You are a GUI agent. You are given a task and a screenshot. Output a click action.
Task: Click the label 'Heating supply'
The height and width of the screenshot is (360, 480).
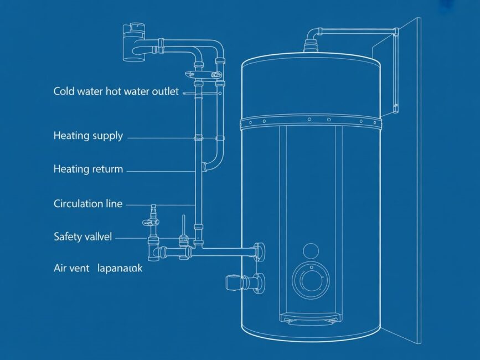(x=88, y=136)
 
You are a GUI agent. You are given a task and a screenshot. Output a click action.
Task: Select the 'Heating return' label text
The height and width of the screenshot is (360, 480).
(x=88, y=169)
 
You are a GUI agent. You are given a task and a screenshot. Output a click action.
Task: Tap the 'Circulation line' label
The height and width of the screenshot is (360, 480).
(x=88, y=203)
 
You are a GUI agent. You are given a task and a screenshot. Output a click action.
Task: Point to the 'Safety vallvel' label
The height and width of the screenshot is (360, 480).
(x=82, y=236)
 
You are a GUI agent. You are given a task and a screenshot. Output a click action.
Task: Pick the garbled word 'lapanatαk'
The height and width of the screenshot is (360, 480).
(x=120, y=269)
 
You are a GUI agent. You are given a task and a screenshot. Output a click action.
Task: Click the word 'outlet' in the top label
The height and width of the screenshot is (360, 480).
(x=165, y=91)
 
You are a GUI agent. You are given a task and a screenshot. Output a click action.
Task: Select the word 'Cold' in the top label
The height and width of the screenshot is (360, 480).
(x=64, y=91)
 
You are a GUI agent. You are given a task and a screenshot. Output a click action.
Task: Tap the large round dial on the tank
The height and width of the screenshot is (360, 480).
(x=311, y=280)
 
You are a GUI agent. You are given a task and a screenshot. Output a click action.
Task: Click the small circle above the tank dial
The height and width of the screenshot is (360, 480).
(x=310, y=250)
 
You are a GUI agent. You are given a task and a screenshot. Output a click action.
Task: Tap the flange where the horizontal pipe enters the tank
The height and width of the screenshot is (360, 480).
(x=259, y=251)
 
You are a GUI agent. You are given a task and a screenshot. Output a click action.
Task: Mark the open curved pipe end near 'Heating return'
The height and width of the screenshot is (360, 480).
(x=206, y=166)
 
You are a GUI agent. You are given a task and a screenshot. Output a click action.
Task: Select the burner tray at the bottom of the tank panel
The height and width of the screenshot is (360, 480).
(x=309, y=318)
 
